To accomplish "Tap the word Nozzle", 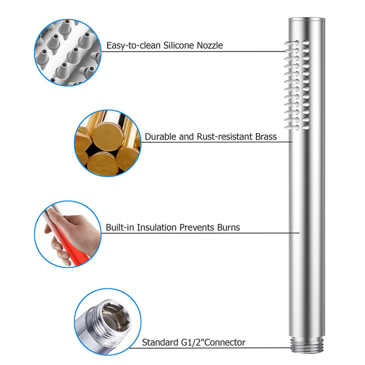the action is click(x=210, y=45).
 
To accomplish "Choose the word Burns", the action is click(x=228, y=227).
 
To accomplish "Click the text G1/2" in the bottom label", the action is click(x=192, y=342).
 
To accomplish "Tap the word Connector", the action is click(x=225, y=342).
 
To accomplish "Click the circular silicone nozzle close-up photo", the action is click(x=68, y=53).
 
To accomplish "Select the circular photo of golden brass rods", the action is click(x=108, y=143).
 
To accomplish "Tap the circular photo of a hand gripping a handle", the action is click(x=68, y=234).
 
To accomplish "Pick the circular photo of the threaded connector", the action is click(x=108, y=322).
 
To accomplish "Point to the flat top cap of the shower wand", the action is click(x=307, y=20).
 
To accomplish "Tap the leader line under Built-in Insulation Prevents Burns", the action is click(x=201, y=233).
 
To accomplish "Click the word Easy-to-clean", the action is click(x=133, y=45).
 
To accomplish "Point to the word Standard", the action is click(x=160, y=342).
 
